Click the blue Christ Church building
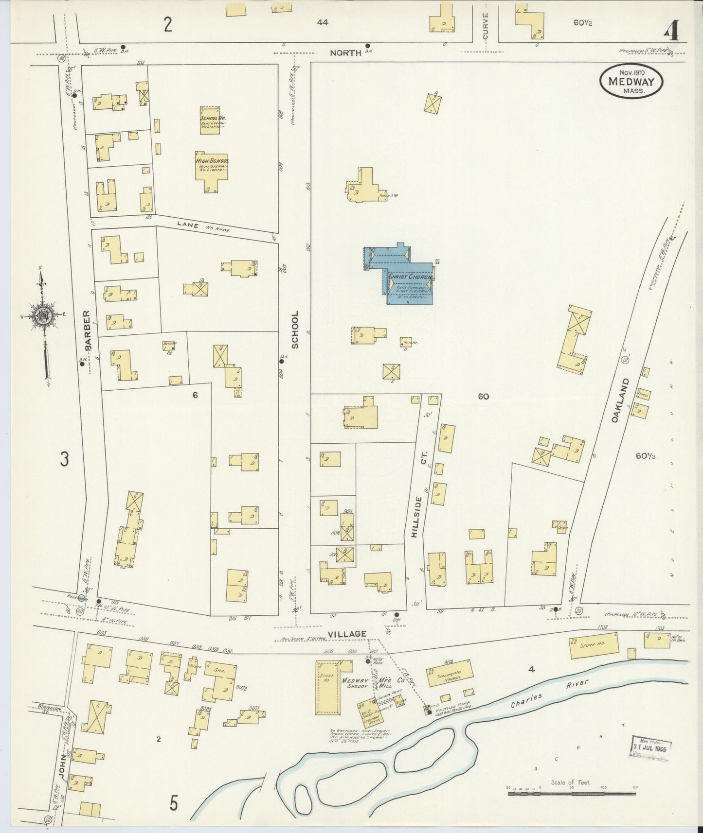pyautogui.click(x=406, y=277)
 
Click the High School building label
pyautogui.click(x=212, y=161)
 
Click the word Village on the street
pyautogui.click(x=347, y=634)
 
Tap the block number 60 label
pyautogui.click(x=483, y=397)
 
